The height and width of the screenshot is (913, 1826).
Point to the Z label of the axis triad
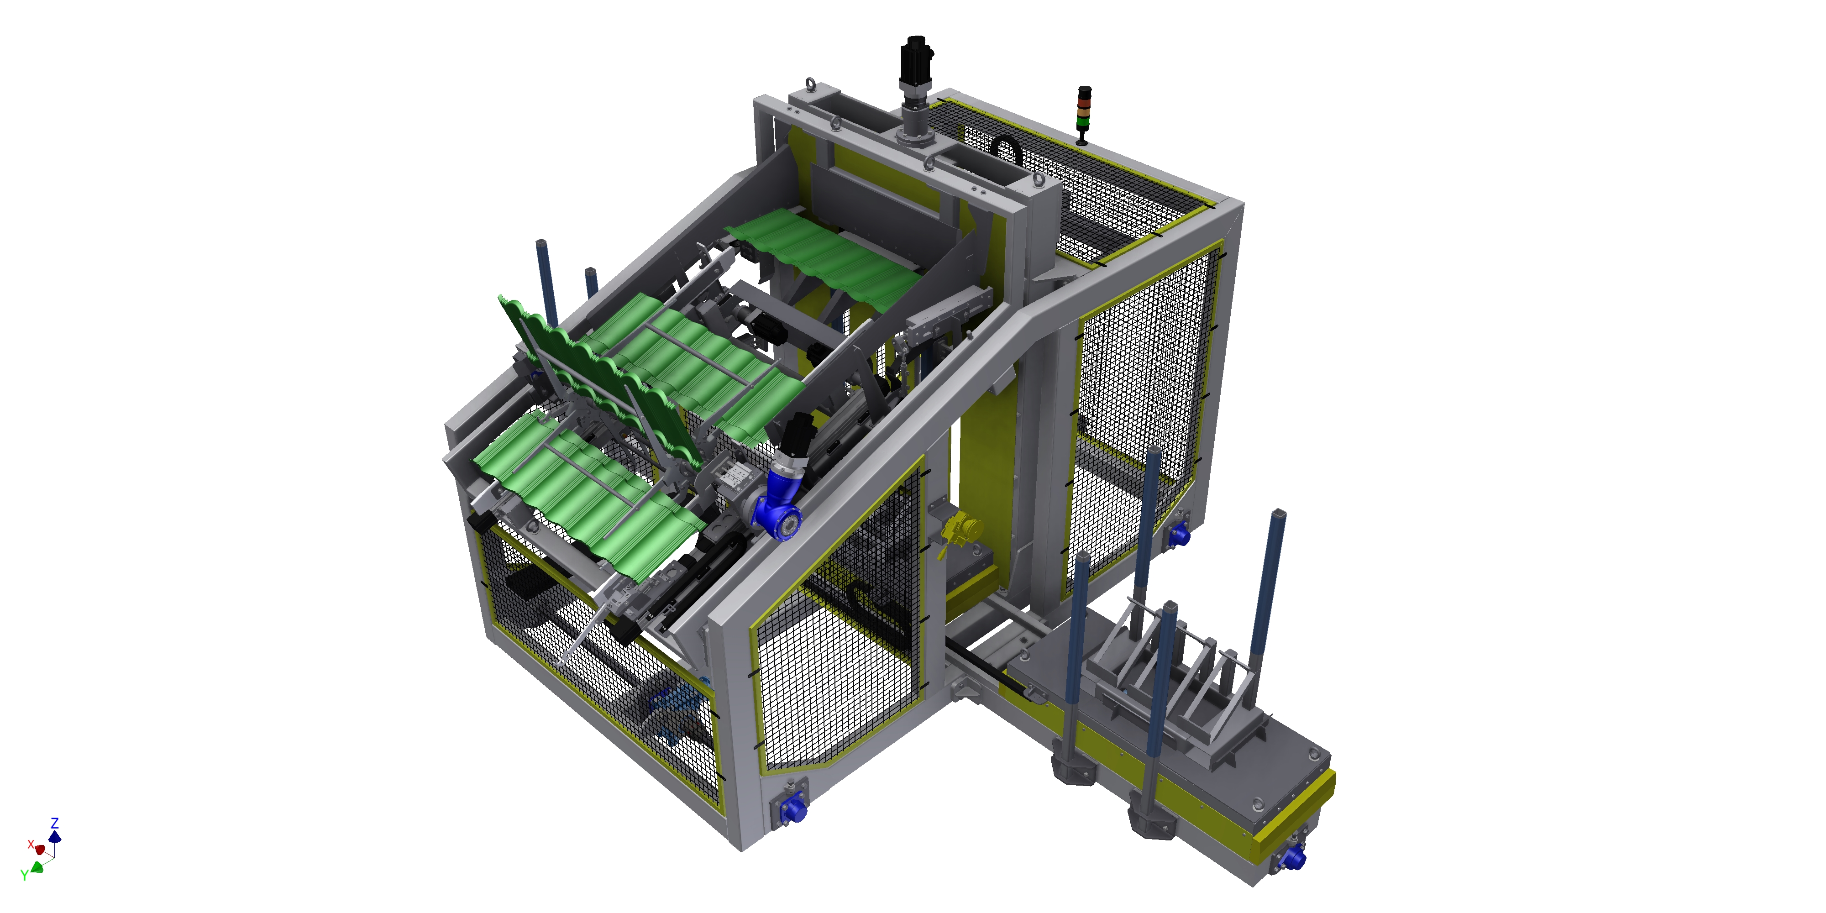(x=55, y=823)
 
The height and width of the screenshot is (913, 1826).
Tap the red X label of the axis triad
(x=31, y=844)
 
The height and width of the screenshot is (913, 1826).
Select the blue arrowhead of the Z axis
(x=55, y=837)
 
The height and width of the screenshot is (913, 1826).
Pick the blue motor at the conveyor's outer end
(x=1293, y=858)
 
